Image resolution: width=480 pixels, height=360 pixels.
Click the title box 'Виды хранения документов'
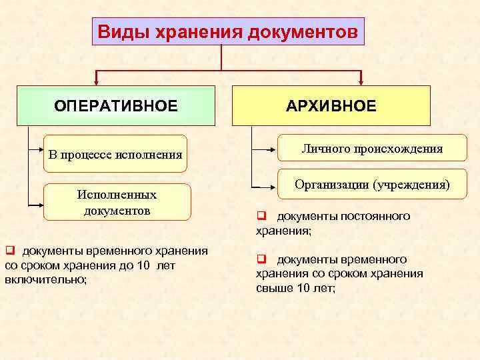pos(228,31)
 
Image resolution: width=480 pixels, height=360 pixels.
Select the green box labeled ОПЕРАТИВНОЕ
pos(116,105)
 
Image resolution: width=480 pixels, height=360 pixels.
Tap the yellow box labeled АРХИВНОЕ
pos(331,105)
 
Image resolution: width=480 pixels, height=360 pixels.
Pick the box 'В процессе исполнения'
pos(115,155)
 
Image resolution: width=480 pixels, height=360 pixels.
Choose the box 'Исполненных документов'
pos(117,202)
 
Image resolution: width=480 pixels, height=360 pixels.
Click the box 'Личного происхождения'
pos(363,149)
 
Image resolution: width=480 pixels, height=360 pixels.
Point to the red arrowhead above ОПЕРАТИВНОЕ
pos(97,81)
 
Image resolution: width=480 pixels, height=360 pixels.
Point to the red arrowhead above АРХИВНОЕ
pos(361,81)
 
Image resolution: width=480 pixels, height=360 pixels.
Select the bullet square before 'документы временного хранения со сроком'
pos(10,251)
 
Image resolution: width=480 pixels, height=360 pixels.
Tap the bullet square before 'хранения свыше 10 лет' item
pos(262,259)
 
